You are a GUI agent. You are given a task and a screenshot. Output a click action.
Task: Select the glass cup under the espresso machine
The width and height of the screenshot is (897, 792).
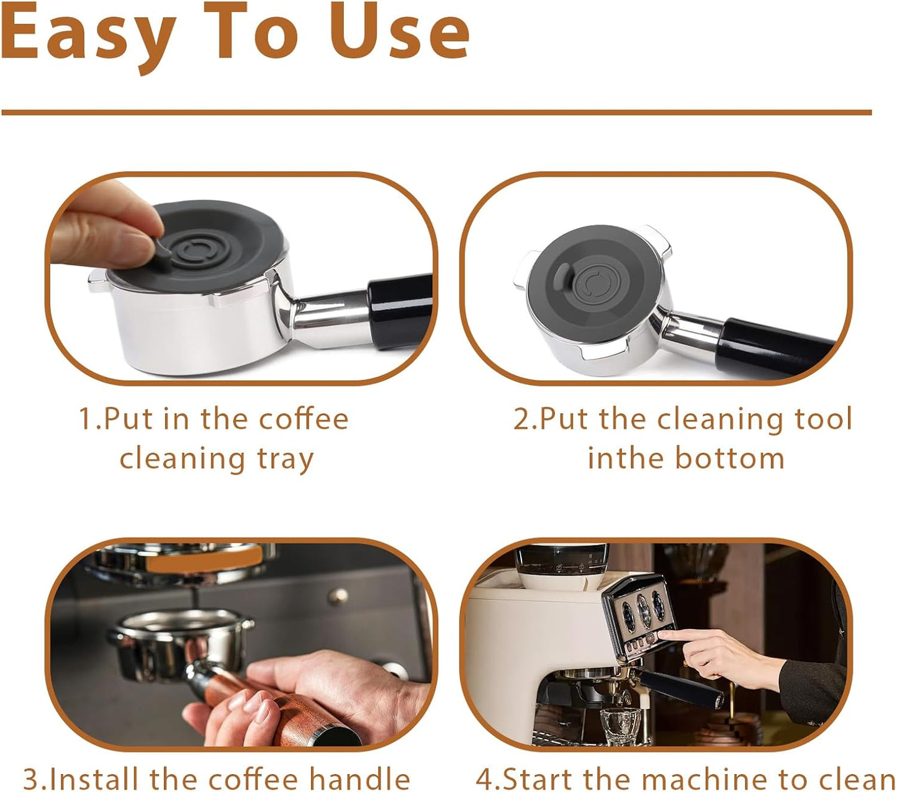point(621,726)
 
